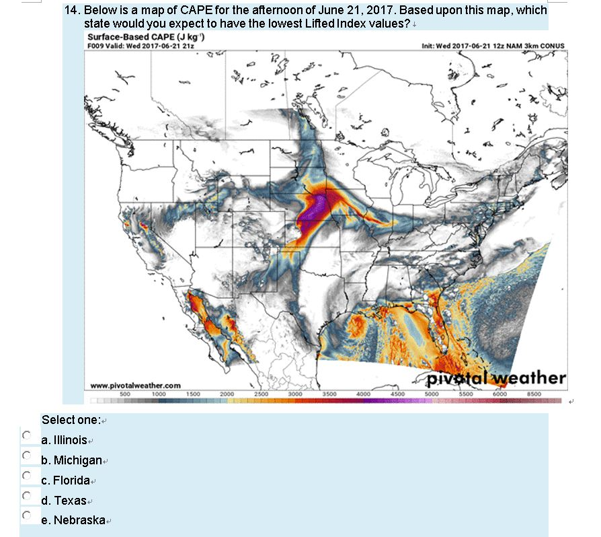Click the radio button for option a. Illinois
[27, 435]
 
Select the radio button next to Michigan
[27, 456]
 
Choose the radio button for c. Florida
[27, 476]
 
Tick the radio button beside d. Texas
[27, 496]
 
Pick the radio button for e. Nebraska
[27, 516]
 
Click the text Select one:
[71, 420]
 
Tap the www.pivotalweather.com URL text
[135, 386]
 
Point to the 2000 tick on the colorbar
[227, 393]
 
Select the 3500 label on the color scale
[329, 393]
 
